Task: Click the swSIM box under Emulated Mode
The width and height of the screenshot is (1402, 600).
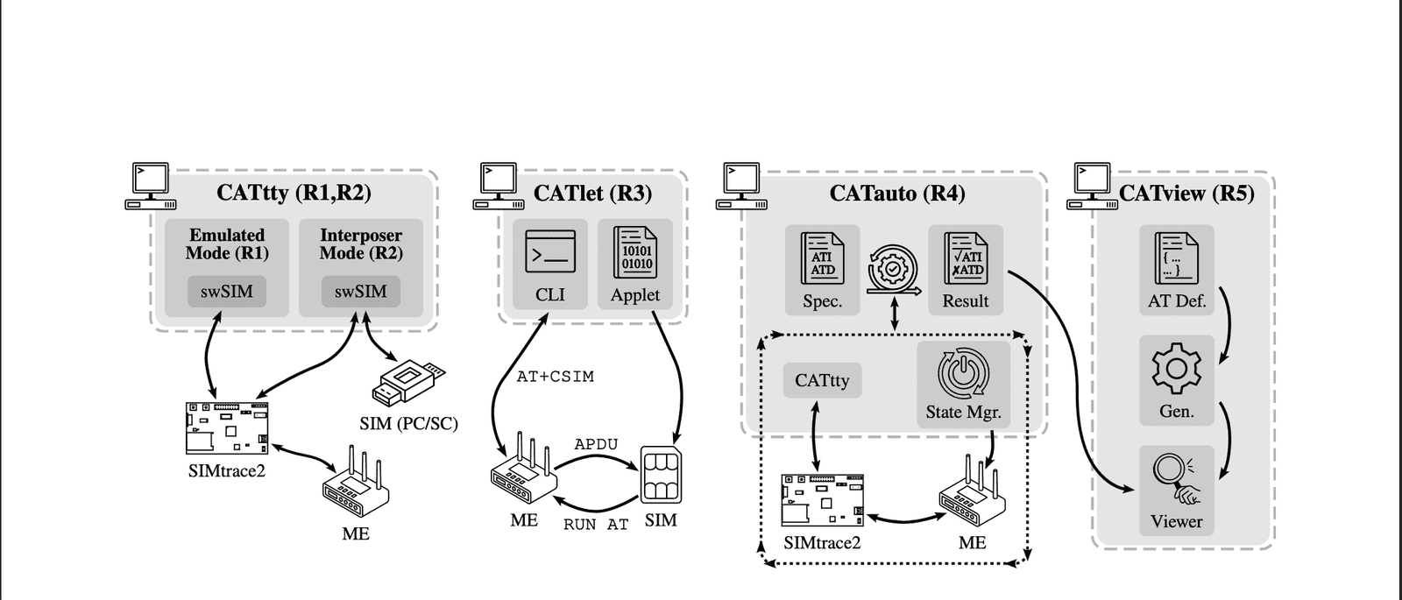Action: click(227, 292)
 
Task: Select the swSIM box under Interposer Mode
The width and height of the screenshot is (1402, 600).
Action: click(360, 292)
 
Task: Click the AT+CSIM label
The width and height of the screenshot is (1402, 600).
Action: click(556, 377)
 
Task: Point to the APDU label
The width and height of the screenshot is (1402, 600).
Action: click(596, 444)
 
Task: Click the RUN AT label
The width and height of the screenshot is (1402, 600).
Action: click(596, 525)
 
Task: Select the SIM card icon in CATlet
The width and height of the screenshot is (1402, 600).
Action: click(661, 475)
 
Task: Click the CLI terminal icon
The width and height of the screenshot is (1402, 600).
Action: click(550, 251)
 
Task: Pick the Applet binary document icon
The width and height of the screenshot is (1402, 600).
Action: click(635, 252)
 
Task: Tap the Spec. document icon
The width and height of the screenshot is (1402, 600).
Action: click(822, 258)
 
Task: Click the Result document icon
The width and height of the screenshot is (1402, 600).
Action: click(965, 258)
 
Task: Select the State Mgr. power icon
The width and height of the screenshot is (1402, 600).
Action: click(964, 373)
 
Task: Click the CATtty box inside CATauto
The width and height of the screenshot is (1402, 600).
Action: click(823, 380)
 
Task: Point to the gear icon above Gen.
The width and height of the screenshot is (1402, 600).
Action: click(1177, 369)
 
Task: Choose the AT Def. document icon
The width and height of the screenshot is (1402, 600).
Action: click(1177, 258)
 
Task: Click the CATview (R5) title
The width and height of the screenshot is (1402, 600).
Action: click(1186, 193)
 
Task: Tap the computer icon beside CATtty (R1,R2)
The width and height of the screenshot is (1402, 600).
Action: click(150, 186)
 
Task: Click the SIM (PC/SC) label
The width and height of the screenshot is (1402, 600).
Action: click(408, 424)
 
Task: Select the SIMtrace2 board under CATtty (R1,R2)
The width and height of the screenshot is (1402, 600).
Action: click(227, 428)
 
